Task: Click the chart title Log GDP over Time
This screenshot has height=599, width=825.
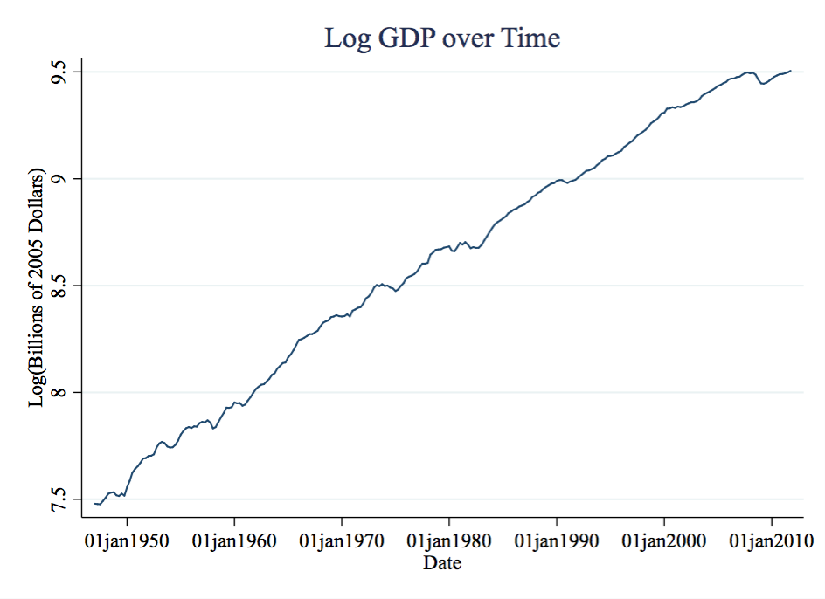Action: point(441,38)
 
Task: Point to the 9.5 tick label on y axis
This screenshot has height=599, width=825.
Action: point(60,71)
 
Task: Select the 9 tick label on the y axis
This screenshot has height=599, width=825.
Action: point(60,179)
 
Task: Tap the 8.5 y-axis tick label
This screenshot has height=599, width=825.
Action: point(60,286)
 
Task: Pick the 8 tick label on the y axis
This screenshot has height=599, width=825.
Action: point(60,392)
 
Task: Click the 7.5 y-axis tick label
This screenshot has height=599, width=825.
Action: point(60,500)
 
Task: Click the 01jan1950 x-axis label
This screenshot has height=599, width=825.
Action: point(127,541)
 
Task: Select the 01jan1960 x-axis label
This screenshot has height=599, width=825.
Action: point(234,541)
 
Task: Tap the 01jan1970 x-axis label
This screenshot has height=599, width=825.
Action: point(342,541)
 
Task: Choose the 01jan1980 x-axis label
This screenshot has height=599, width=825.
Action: point(449,541)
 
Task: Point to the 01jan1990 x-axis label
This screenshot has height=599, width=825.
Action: point(557,541)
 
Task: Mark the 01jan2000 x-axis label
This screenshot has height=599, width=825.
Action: point(664,541)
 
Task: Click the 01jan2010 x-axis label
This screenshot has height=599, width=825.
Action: point(772,541)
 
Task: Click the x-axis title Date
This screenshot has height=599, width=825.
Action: point(442,563)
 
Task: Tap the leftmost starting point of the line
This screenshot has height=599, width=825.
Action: point(94,503)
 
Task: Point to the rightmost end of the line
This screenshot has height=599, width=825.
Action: point(791,71)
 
